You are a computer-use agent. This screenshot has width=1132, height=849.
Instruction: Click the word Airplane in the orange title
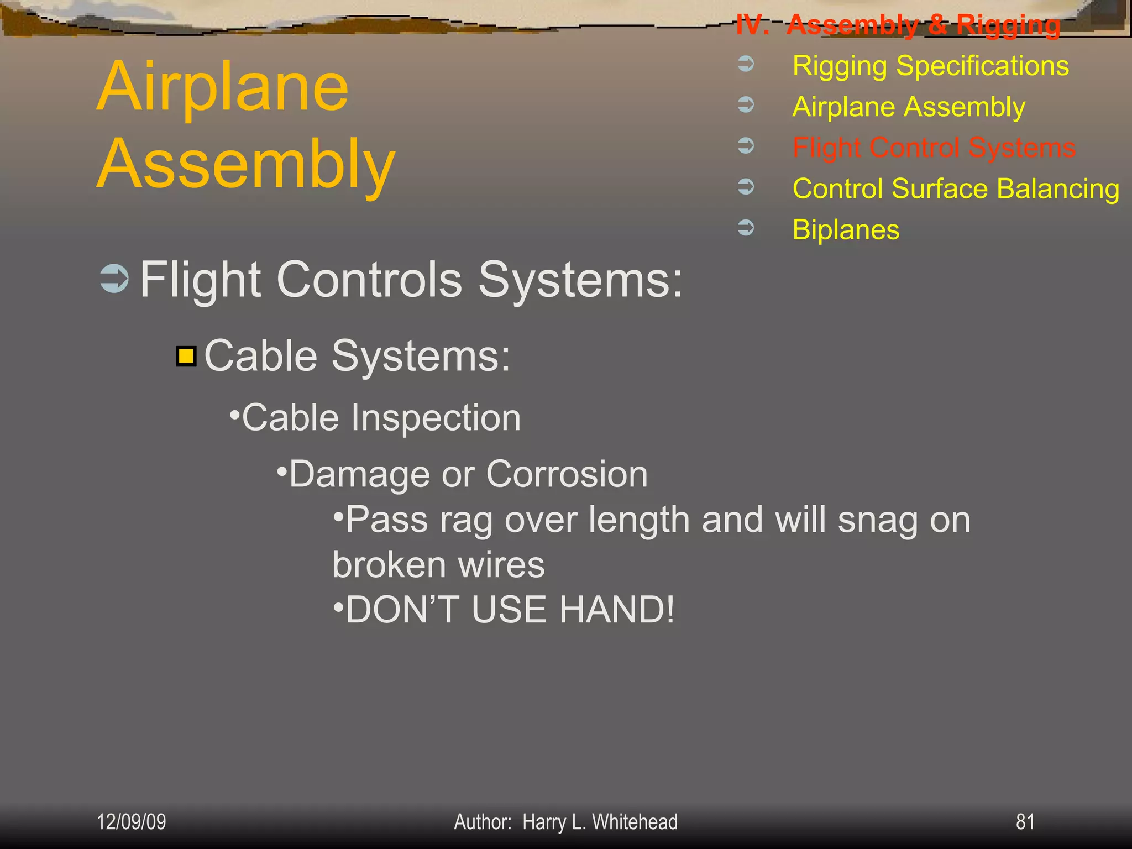pyautogui.click(x=222, y=87)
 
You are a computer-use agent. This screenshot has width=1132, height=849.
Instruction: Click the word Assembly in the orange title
pyautogui.click(x=246, y=165)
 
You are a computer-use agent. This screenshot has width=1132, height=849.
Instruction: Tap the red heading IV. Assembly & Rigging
pyautogui.click(x=898, y=25)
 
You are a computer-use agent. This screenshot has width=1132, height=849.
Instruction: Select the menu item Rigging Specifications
pyautogui.click(x=930, y=66)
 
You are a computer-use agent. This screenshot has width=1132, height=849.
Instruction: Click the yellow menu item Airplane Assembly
pyautogui.click(x=909, y=107)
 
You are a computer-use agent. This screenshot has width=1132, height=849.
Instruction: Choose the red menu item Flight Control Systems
pyautogui.click(x=934, y=148)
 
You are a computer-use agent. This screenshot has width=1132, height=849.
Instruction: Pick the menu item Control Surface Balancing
pyautogui.click(x=956, y=188)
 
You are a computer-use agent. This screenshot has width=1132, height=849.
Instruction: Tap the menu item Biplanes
pyautogui.click(x=846, y=229)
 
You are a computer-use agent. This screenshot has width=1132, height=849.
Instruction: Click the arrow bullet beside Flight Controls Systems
pyautogui.click(x=114, y=279)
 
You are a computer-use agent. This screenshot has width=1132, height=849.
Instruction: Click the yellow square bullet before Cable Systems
pyautogui.click(x=186, y=357)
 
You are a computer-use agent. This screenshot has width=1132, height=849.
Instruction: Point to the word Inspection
pyautogui.click(x=436, y=417)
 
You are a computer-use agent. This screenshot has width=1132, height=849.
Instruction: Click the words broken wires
pyautogui.click(x=438, y=565)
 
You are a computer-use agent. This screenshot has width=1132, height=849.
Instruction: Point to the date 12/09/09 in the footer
pyautogui.click(x=132, y=822)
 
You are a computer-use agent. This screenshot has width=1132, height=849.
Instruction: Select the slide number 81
pyautogui.click(x=1025, y=822)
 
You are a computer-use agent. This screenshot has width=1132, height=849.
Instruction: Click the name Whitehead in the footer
pyautogui.click(x=635, y=822)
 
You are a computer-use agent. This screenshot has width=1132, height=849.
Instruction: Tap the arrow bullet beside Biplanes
pyautogui.click(x=746, y=227)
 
